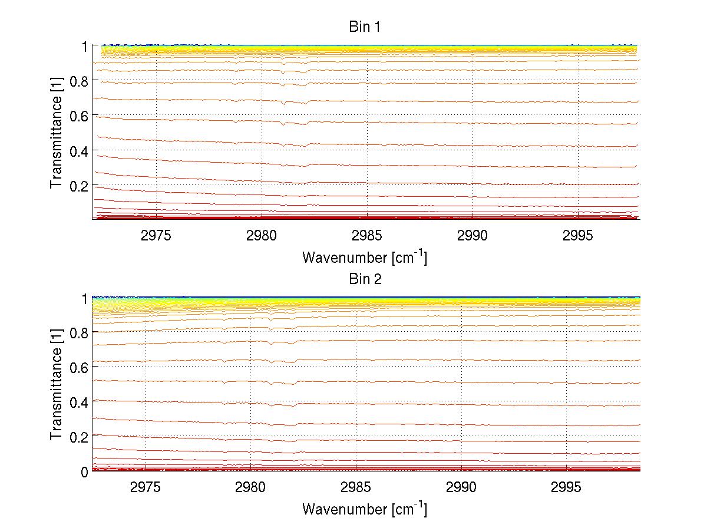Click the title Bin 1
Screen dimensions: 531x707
(365, 27)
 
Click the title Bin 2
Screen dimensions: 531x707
(365, 279)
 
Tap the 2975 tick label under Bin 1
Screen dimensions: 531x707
(156, 235)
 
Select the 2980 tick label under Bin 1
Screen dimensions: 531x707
(262, 235)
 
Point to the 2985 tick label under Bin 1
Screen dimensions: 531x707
(367, 235)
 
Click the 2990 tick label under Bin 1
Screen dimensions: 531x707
(473, 235)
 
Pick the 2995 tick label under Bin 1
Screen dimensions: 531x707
(578, 235)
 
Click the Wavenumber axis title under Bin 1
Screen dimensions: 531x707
(364, 257)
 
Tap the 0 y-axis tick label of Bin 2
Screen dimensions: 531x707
(84, 471)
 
